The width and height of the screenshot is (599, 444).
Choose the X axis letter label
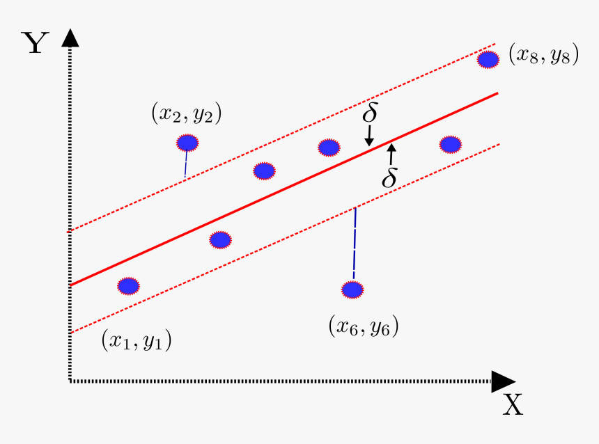pos(513,404)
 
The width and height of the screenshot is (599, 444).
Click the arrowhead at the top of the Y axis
pos(70,36)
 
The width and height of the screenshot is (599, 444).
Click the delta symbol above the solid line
pos(370,113)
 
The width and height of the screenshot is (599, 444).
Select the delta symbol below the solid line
pos(389,178)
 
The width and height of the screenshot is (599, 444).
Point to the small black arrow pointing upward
pos(391,153)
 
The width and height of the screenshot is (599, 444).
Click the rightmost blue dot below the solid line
pos(451,144)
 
